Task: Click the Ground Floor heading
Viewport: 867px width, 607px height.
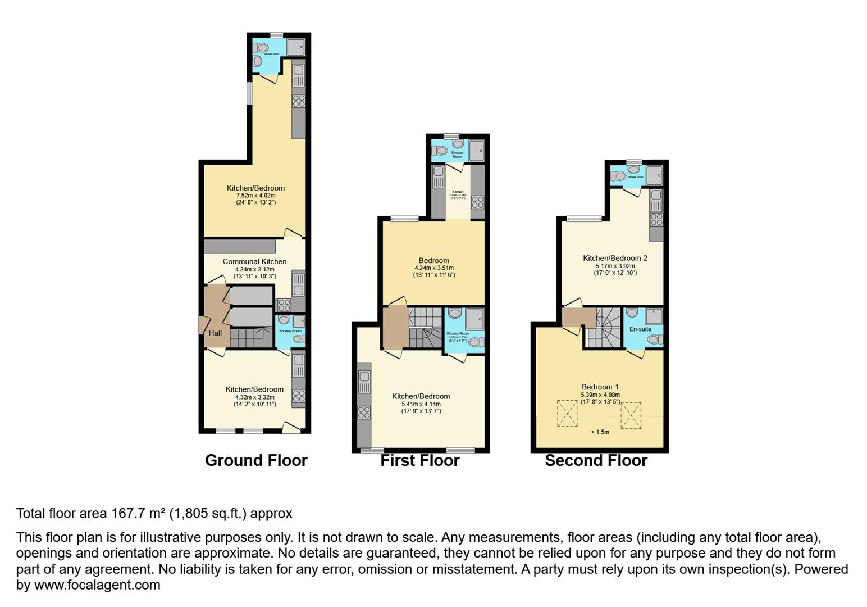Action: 256,460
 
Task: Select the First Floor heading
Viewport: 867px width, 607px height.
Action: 419,460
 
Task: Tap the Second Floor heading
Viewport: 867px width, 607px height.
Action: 596,460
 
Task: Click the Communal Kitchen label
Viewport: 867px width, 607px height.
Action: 254,261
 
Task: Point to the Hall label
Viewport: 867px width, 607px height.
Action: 215,333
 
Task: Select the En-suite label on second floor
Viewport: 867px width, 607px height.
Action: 640,329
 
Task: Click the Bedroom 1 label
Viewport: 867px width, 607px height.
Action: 600,387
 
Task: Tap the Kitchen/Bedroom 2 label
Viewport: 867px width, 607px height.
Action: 615,258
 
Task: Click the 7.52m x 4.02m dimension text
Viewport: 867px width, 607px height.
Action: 255,196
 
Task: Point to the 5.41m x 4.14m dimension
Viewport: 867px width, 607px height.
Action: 421,404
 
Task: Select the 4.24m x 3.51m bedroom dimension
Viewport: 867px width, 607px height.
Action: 433,268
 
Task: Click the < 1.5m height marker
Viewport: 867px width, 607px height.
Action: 600,432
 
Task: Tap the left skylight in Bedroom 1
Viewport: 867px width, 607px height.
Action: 567,414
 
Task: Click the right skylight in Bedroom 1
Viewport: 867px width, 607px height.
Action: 631,415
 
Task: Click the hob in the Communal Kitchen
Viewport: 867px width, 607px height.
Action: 284,305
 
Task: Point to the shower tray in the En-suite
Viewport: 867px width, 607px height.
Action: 654,316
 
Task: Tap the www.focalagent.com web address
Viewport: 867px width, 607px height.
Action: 97,585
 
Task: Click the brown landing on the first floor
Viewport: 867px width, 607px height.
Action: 395,328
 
